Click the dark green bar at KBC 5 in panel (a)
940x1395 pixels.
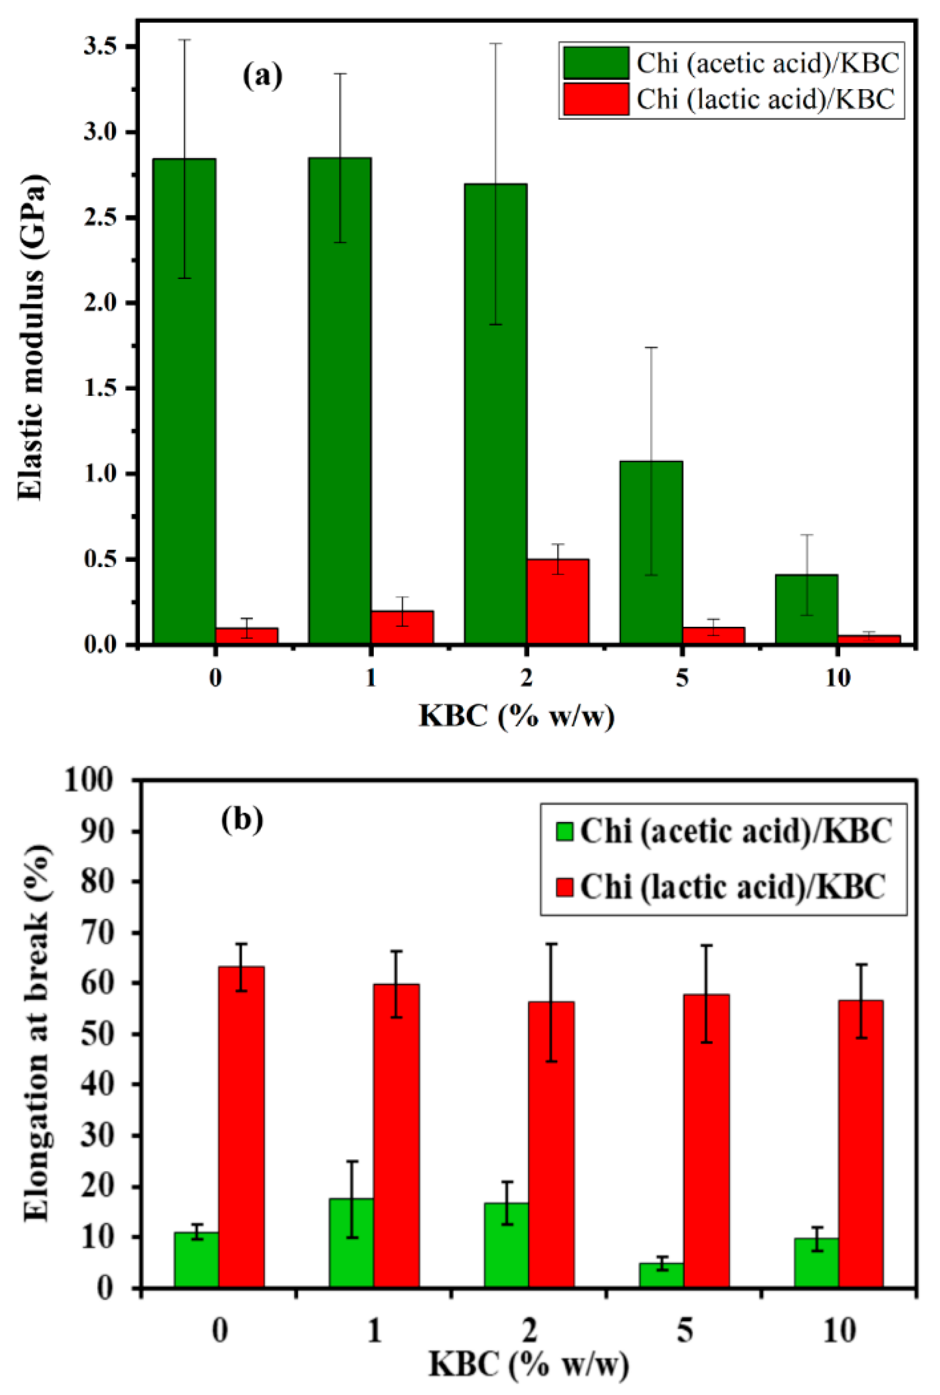coord(651,552)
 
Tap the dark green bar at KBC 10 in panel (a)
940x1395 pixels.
coord(806,609)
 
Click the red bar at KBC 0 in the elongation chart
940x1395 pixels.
coord(241,1127)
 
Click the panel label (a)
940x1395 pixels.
coord(263,76)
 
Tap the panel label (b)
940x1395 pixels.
coord(242,819)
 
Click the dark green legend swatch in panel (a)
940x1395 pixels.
coord(596,64)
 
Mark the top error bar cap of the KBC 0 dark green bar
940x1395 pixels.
coord(184,40)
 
